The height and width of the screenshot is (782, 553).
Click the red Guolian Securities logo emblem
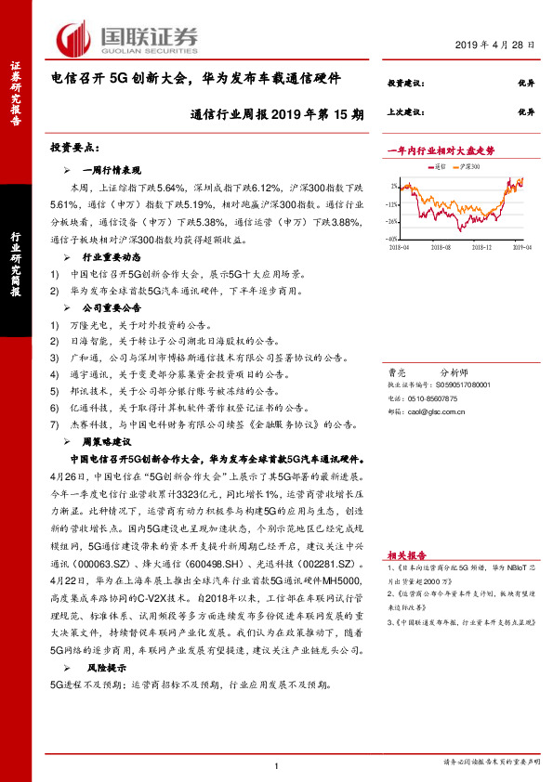tap(72, 38)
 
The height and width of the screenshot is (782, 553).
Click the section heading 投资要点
tap(73, 148)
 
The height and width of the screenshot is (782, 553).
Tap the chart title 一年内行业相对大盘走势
tap(441, 150)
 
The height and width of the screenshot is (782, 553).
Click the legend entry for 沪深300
tap(471, 167)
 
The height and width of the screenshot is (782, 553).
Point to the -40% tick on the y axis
tap(394, 239)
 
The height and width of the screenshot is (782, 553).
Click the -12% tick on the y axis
tap(394, 202)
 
